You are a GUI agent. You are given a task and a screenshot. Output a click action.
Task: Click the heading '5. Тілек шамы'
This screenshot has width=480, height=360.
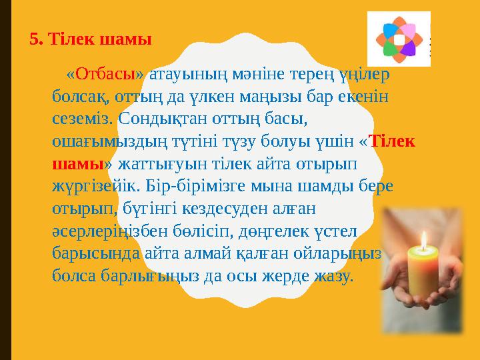tap(91, 39)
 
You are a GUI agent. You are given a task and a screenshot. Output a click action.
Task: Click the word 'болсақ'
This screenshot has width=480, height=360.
tap(78, 97)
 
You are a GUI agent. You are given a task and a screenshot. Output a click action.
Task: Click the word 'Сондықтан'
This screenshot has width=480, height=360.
tap(159, 119)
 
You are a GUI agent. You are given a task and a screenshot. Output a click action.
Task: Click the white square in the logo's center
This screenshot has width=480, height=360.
tap(399, 39)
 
